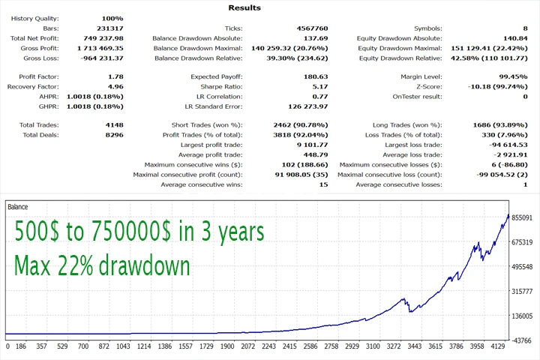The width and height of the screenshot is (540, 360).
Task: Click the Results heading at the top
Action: pos(244,7)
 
